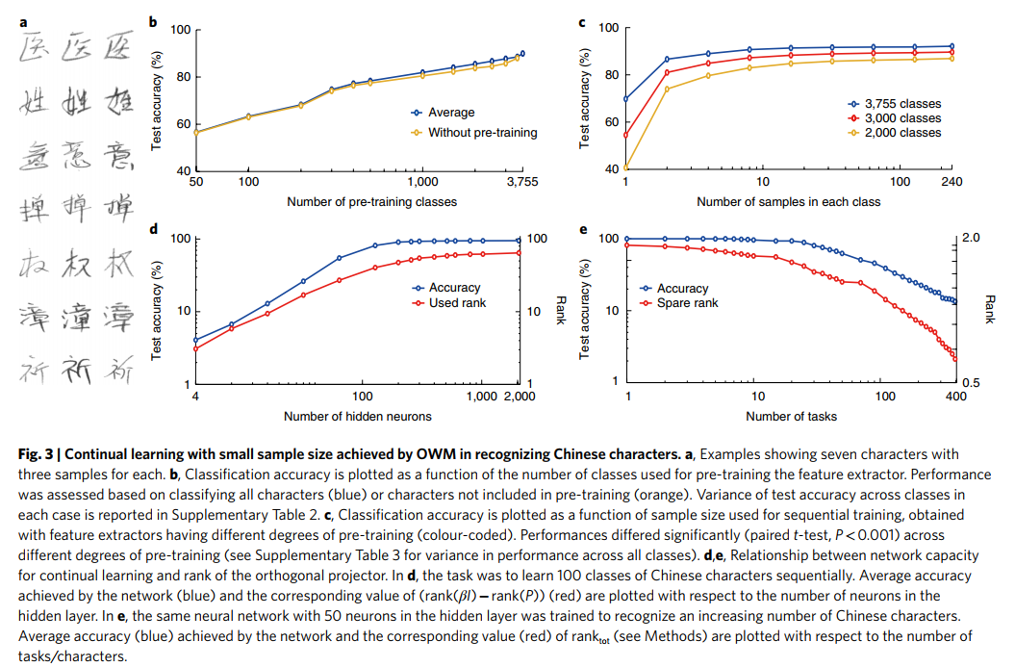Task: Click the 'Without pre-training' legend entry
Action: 482,132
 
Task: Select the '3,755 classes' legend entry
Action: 902,104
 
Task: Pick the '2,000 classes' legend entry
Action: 902,133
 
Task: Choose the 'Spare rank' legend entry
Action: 688,303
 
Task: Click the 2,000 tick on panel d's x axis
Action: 518,397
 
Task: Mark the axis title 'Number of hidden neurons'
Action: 357,416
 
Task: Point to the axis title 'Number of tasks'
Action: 791,416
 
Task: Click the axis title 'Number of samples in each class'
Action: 788,202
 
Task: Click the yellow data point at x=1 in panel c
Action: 626,168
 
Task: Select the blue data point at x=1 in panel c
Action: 626,98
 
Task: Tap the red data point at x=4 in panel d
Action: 196,348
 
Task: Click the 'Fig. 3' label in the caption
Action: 37,454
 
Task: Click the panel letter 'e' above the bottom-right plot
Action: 583,229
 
